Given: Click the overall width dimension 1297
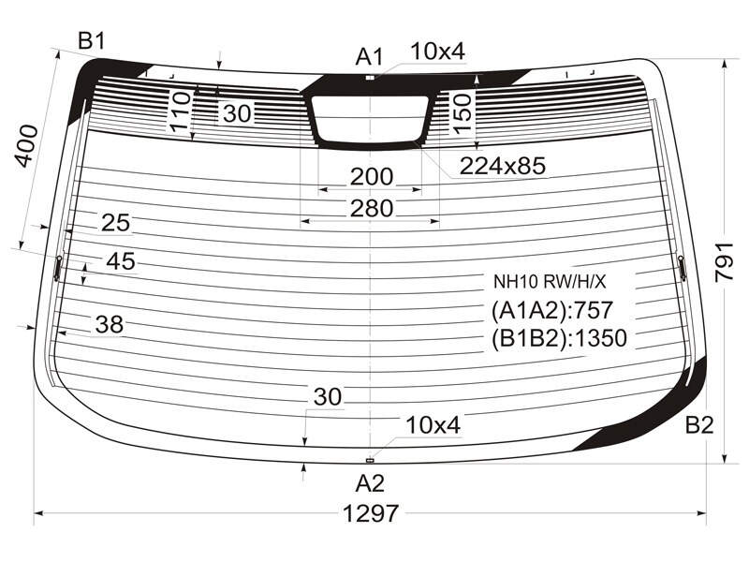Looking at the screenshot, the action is pyautogui.click(x=370, y=513).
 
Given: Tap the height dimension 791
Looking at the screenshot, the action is pyautogui.click(x=723, y=262).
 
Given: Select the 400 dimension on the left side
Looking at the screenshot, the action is pyautogui.click(x=26, y=146).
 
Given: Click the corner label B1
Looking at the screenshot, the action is pyautogui.click(x=91, y=41).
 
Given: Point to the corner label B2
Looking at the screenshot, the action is pyautogui.click(x=699, y=425).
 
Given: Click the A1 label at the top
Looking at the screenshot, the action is pyautogui.click(x=369, y=57).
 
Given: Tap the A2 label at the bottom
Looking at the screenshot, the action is pyautogui.click(x=370, y=483).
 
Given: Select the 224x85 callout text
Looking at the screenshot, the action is pyautogui.click(x=502, y=166).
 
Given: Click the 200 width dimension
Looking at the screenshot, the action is pyautogui.click(x=371, y=177).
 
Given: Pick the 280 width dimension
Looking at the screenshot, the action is pyautogui.click(x=371, y=208).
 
